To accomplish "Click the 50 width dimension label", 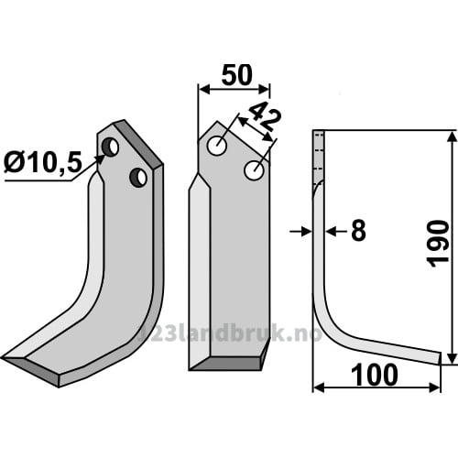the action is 237,75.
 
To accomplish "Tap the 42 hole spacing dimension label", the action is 264,116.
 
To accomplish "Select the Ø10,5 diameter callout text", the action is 43,162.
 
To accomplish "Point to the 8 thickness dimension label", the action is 358,231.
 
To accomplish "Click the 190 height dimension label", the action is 439,244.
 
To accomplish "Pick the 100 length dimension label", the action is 375,376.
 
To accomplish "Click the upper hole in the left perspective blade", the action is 110,147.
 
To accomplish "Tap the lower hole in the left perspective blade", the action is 138,178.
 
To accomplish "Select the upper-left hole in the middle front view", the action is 217,147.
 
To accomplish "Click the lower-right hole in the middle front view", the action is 254,170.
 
